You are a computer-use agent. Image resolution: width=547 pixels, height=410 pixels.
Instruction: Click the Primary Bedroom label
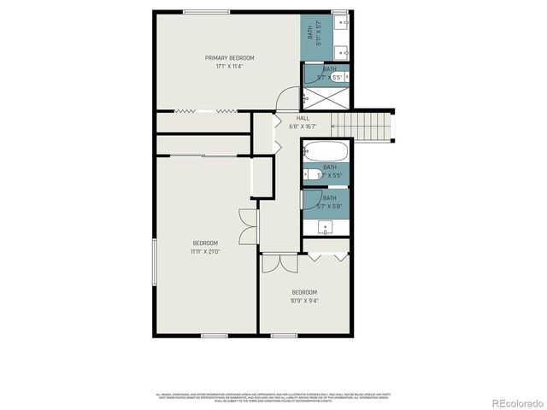[229, 58]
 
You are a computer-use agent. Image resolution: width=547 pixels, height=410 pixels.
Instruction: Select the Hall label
[303, 118]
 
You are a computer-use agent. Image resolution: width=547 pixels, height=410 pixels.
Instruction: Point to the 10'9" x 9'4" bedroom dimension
[305, 300]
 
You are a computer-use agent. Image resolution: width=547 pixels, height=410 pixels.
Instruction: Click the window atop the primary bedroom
[206, 12]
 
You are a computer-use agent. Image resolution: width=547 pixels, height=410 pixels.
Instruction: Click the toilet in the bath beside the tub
[306, 174]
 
